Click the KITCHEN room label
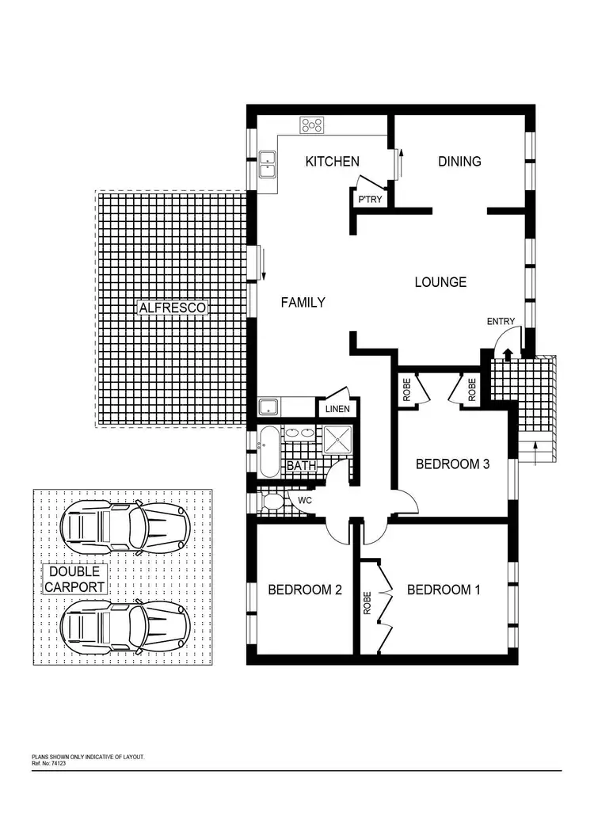[333, 162]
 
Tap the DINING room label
[459, 162]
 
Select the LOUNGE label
[440, 282]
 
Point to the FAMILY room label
[303, 302]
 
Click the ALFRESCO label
[171, 307]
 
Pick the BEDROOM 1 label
[444, 590]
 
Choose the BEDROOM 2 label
[304, 590]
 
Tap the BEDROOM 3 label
[452, 464]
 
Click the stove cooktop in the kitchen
[311, 125]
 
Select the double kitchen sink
[267, 162]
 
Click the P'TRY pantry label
[370, 200]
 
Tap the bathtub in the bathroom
[269, 452]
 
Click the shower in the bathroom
[337, 437]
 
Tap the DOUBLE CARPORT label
[74, 579]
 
